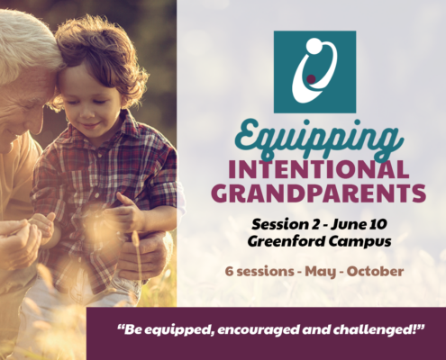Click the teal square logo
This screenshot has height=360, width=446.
tap(314, 72)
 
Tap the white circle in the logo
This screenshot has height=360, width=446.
tap(314, 46)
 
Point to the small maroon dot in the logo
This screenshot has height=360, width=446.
tap(312, 78)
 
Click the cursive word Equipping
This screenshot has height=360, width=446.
tap(317, 139)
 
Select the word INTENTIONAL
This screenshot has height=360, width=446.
tap(319, 169)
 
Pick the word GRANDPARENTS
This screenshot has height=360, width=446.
tap(321, 193)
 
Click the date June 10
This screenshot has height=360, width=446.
tap(359, 224)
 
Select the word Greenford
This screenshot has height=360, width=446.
tap(286, 241)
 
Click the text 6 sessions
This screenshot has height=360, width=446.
tap(259, 272)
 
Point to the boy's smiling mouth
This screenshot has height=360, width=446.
tap(90, 125)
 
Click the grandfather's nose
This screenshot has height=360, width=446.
tap(35, 124)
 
